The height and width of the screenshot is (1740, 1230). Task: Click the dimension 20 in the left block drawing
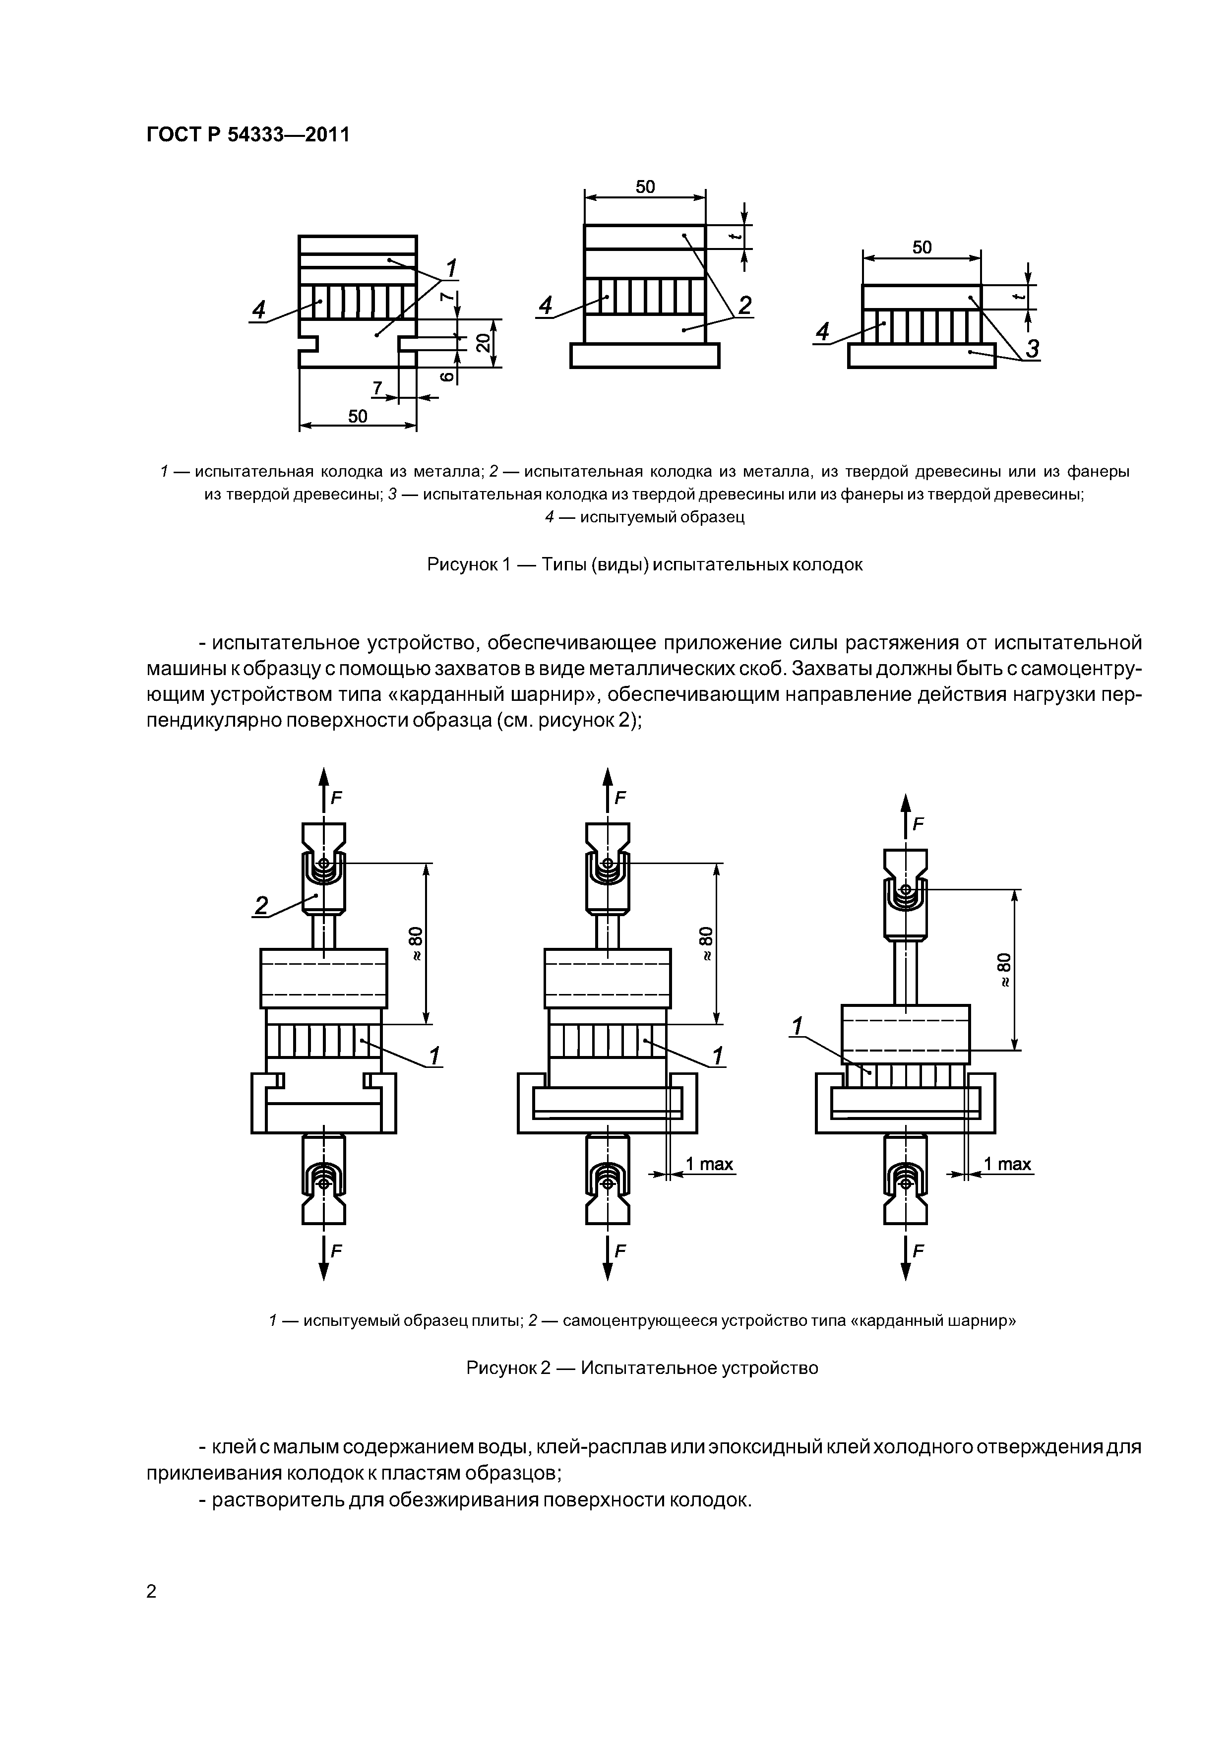(x=482, y=343)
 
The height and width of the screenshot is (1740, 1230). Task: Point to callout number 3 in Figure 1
(x=1032, y=349)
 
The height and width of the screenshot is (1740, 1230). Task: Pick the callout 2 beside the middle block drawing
(x=744, y=306)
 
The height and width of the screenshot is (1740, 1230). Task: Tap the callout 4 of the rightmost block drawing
(x=822, y=332)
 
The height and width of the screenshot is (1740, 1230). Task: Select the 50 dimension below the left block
(x=358, y=416)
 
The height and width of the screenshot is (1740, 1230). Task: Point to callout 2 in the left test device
(x=261, y=906)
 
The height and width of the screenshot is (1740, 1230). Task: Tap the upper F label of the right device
(x=919, y=824)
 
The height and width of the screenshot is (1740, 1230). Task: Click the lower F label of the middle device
(x=620, y=1251)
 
